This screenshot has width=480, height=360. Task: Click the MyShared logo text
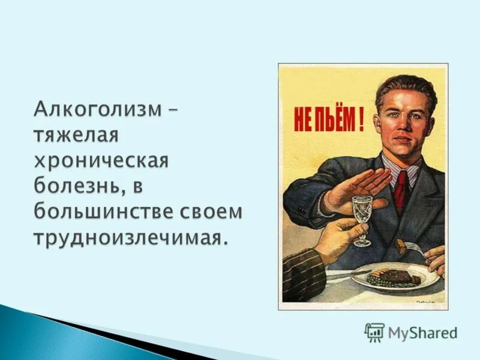(x=422, y=332)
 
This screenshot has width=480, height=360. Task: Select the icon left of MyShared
(x=374, y=332)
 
